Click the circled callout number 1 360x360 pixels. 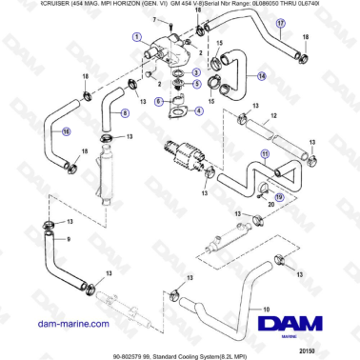tap(139, 39)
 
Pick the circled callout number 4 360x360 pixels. tap(197, 109)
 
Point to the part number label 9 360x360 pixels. tap(68, 239)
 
